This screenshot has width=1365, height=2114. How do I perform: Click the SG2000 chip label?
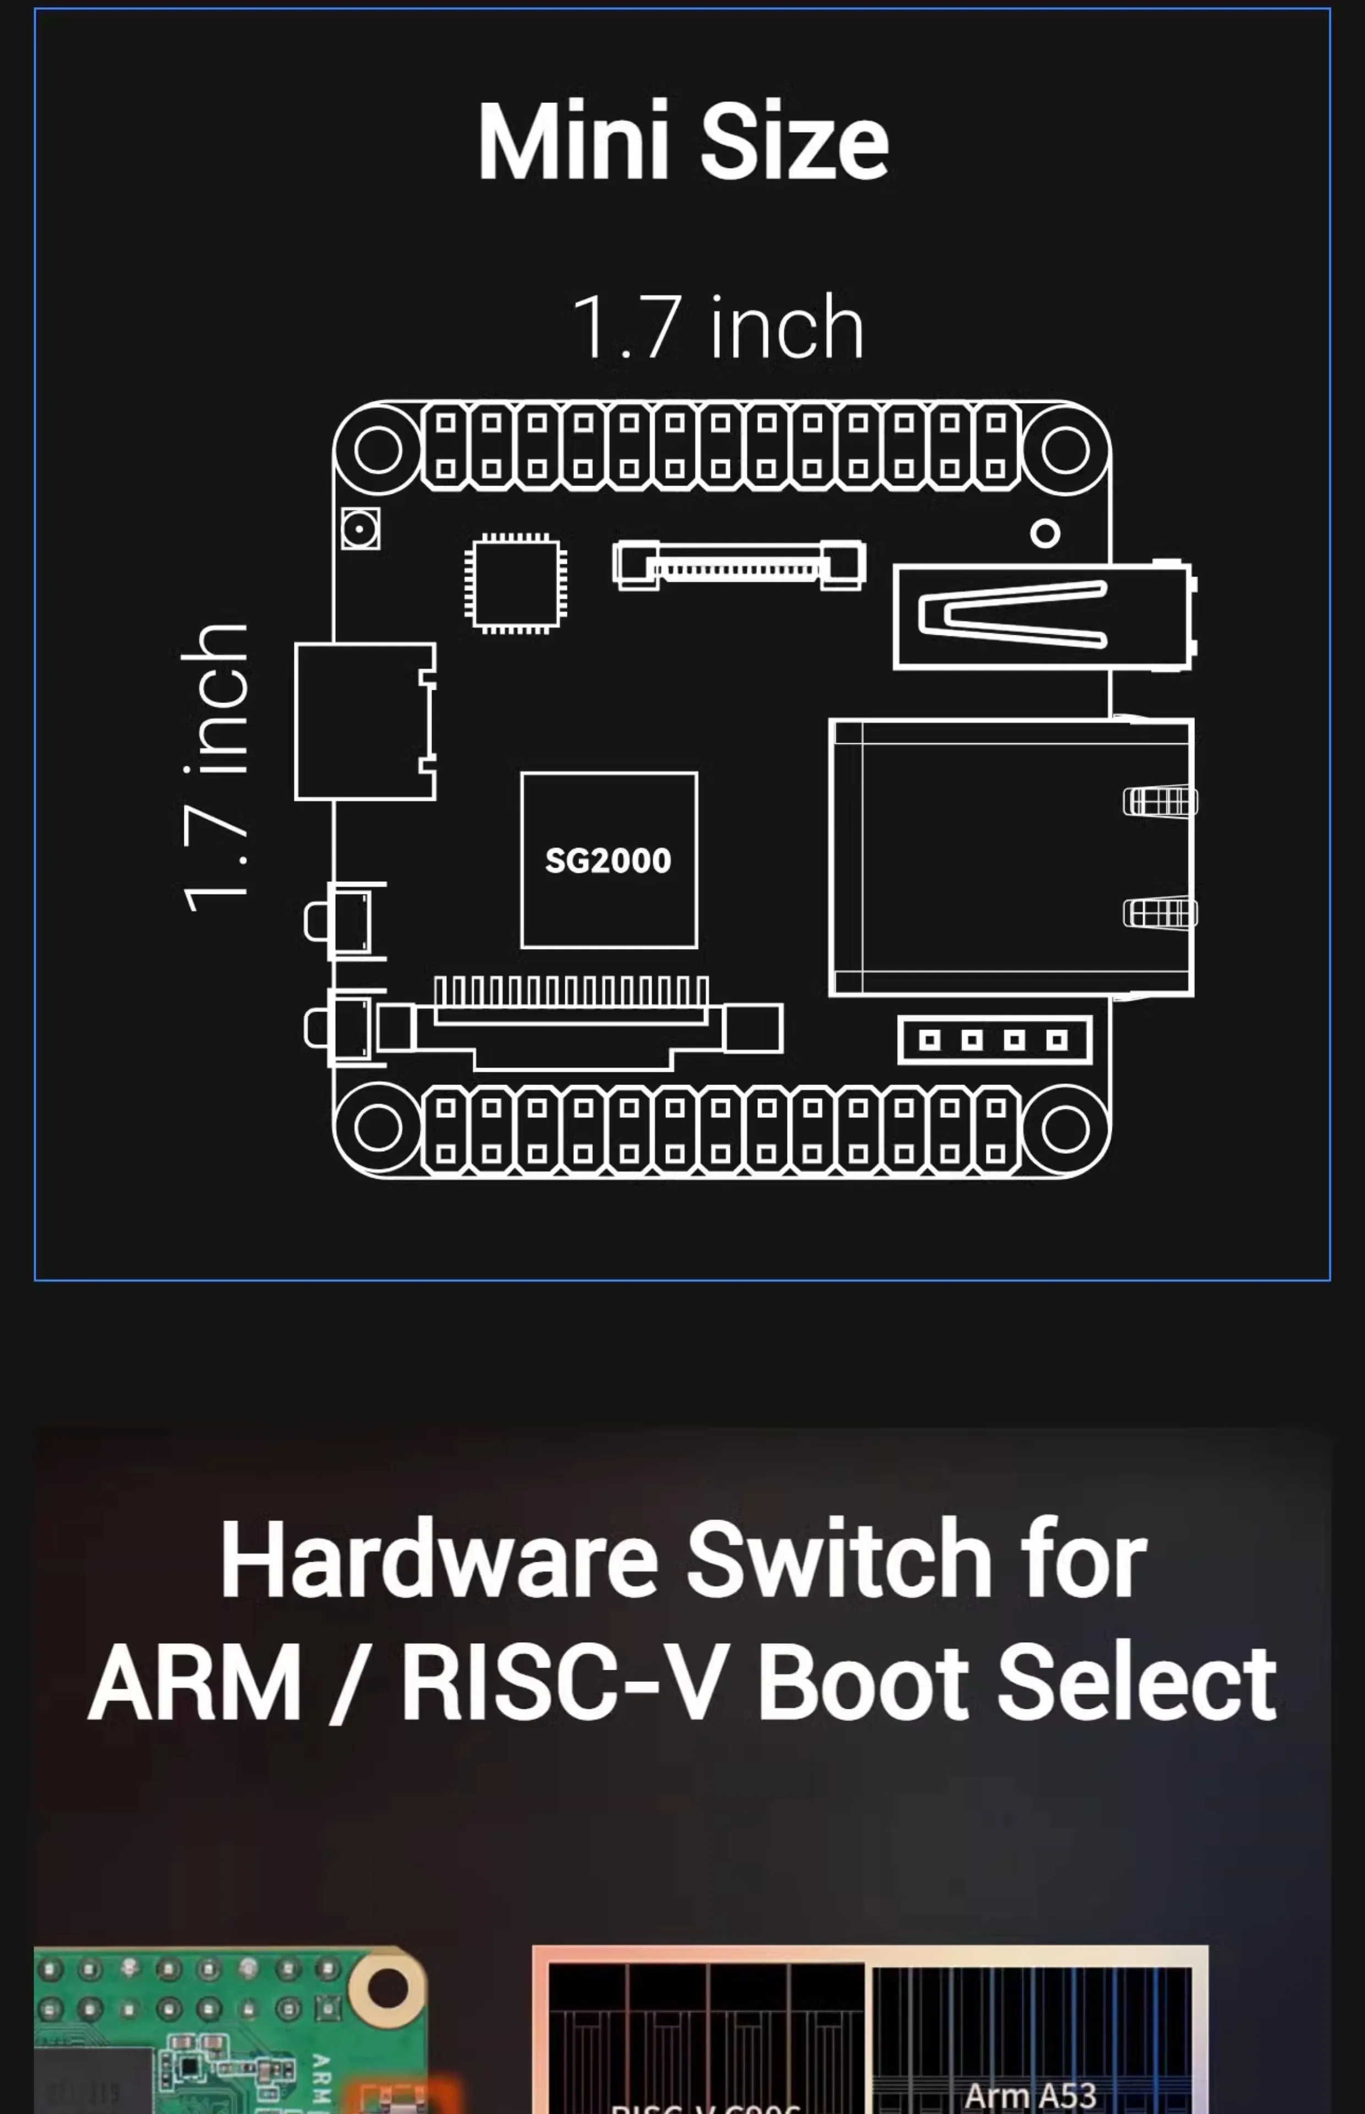click(x=608, y=860)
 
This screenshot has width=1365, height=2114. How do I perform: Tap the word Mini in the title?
click(x=572, y=142)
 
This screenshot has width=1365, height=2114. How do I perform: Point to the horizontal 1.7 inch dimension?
click(x=718, y=328)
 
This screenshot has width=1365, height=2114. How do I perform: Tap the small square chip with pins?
click(x=516, y=583)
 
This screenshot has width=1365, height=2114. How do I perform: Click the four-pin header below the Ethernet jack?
click(x=993, y=1040)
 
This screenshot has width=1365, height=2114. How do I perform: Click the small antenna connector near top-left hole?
click(x=361, y=529)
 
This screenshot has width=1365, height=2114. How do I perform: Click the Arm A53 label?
click(x=1030, y=2096)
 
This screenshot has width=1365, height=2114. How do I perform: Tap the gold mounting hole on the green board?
click(x=387, y=1987)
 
